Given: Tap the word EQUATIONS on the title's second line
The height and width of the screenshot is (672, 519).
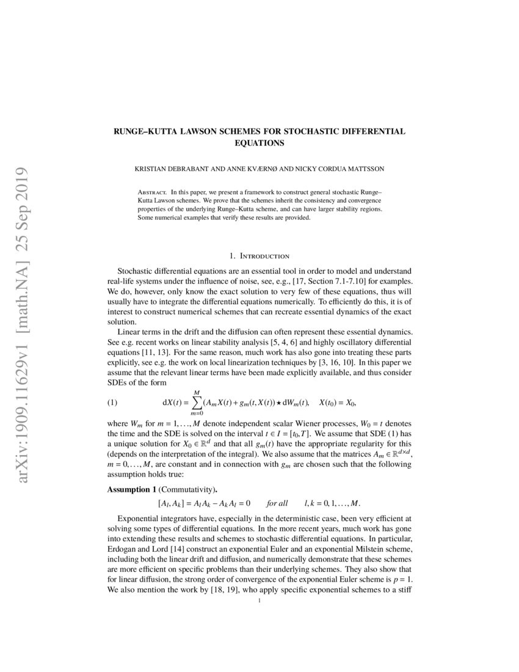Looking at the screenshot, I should point(259,143).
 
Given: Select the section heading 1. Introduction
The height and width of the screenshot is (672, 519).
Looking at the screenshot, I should point(259,255).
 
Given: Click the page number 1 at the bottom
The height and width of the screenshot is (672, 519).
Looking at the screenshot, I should point(259,602).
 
